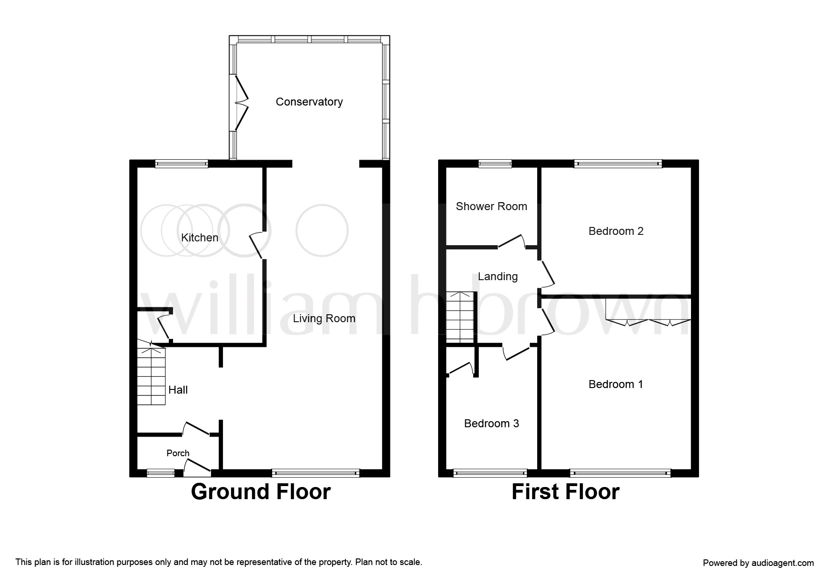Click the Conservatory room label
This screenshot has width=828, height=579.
click(x=309, y=102)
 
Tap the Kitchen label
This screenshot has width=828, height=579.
click(x=200, y=238)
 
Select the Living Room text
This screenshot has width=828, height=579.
click(x=324, y=318)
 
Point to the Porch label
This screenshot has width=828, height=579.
click(x=178, y=453)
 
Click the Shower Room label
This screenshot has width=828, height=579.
click(x=491, y=206)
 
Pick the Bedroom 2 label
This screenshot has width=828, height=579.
click(x=616, y=231)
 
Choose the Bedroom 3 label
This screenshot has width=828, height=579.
click(x=491, y=424)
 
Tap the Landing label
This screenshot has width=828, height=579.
click(x=497, y=276)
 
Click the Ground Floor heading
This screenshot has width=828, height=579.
click(x=261, y=492)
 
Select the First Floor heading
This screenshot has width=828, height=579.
click(x=565, y=492)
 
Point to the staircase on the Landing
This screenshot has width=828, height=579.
click(x=461, y=317)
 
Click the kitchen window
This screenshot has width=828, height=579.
click(x=181, y=163)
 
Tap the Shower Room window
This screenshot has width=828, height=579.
click(x=495, y=163)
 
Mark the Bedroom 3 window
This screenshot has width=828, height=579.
click(x=490, y=473)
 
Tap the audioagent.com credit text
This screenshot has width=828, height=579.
click(x=758, y=563)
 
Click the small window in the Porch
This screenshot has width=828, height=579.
click(x=161, y=473)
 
